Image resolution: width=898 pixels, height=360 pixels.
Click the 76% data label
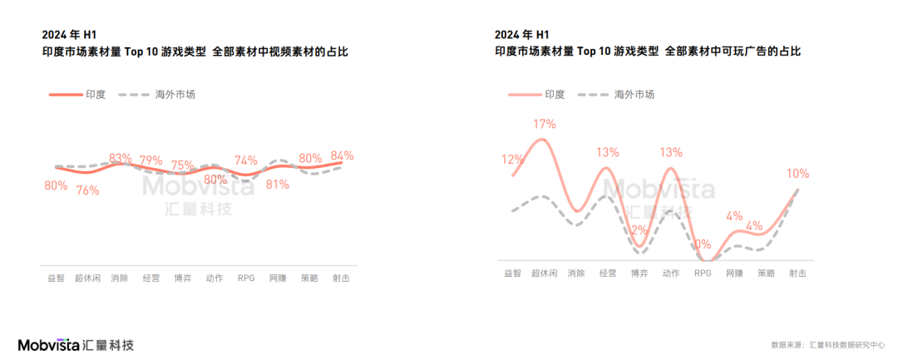click(x=87, y=190)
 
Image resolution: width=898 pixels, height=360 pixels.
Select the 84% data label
click(x=342, y=155)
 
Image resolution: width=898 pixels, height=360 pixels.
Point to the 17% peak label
click(x=544, y=124)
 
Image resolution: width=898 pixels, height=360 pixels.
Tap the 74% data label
click(x=245, y=160)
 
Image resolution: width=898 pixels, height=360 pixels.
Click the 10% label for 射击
click(x=797, y=174)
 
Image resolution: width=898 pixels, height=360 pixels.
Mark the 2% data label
click(x=639, y=230)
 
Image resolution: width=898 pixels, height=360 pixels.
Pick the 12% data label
click(x=512, y=159)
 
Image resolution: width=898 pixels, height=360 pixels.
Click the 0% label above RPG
click(x=703, y=244)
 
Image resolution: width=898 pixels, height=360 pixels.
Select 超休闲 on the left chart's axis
click(x=87, y=278)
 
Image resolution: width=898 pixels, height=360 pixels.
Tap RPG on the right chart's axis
click(x=703, y=273)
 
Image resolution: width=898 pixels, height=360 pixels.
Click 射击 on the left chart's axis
click(x=341, y=278)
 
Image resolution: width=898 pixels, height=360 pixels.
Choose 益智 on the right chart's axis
click(x=512, y=273)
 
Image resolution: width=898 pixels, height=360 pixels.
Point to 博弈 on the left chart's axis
click(x=182, y=278)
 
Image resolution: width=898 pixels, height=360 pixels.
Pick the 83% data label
click(x=120, y=158)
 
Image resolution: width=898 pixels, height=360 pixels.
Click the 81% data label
click(x=277, y=185)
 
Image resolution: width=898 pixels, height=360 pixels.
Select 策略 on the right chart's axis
click(x=766, y=273)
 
